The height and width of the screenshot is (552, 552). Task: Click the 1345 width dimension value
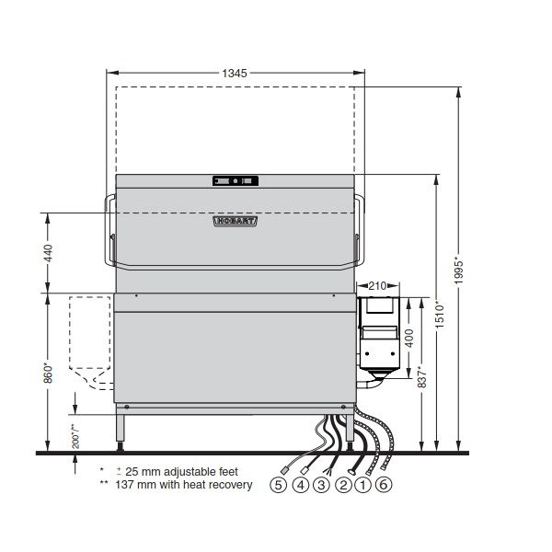click(x=234, y=71)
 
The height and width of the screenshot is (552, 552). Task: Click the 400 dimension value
click(x=409, y=338)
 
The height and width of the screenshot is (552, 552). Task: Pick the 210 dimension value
click(x=378, y=285)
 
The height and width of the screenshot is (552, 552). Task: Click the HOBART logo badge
click(x=236, y=221)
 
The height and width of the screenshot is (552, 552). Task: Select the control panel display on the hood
click(x=236, y=181)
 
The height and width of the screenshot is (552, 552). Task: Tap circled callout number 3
click(x=320, y=484)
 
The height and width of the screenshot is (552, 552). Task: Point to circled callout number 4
click(x=299, y=484)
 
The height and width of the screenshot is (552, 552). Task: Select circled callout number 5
click(x=278, y=484)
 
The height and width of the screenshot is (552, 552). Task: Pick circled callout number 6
click(x=384, y=484)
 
